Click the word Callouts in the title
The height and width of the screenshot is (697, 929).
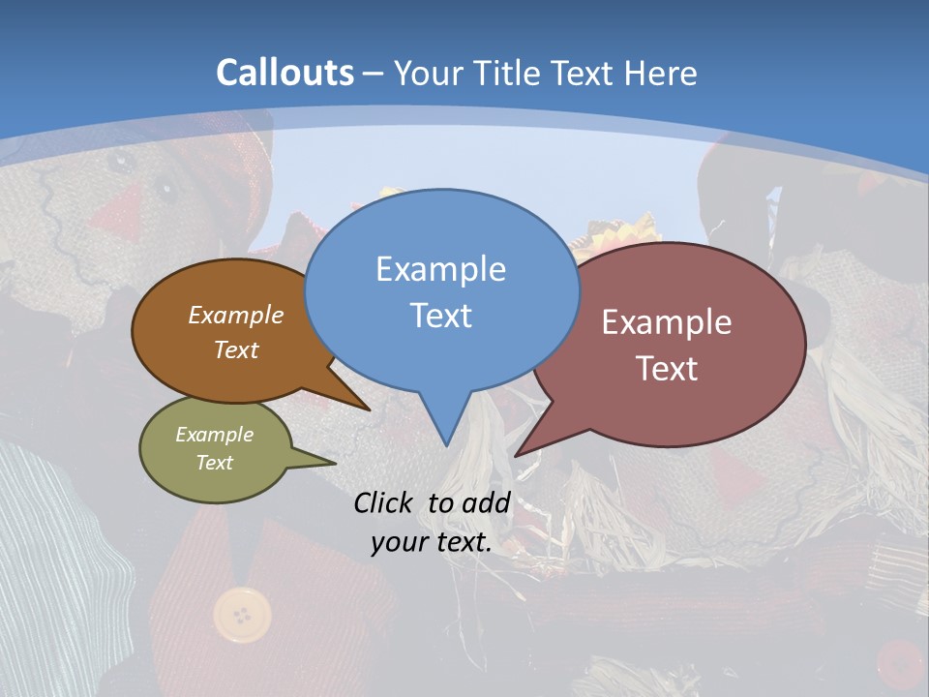pyautogui.click(x=285, y=73)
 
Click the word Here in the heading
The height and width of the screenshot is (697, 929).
pyautogui.click(x=662, y=73)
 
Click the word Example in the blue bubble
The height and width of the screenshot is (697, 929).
pyautogui.click(x=440, y=269)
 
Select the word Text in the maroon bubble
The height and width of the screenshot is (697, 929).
pyautogui.click(x=668, y=369)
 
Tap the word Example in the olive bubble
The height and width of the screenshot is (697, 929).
pyautogui.click(x=214, y=436)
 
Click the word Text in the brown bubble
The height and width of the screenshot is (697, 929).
pyautogui.click(x=236, y=350)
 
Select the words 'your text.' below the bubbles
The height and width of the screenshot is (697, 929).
pyautogui.click(x=432, y=542)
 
